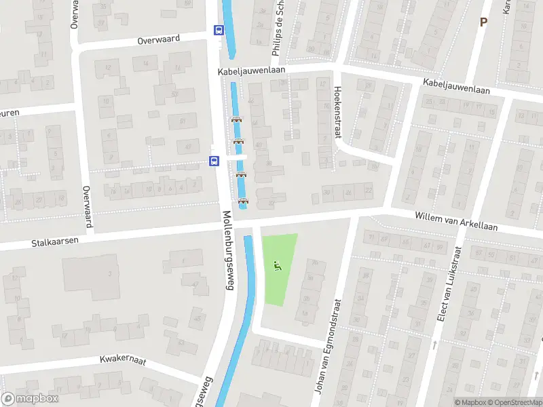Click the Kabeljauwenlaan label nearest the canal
tap(250, 71)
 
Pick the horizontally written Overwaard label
tap(158, 39)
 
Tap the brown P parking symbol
tap(483, 22)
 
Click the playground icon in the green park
tap(276, 267)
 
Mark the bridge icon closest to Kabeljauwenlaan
tap(236, 121)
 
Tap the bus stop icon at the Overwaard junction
tap(219, 30)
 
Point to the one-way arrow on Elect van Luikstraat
tap(434, 345)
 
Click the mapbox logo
tap(30, 399)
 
